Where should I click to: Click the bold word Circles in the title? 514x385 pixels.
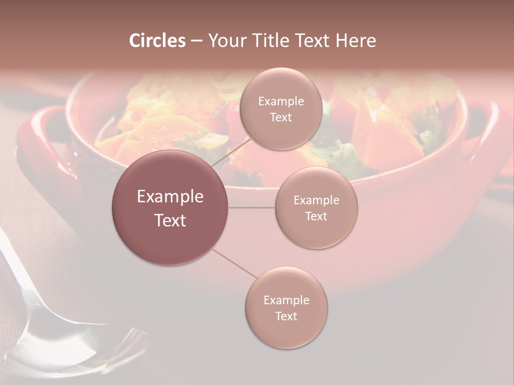tap(157, 41)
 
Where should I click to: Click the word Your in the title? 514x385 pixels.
tap(225, 41)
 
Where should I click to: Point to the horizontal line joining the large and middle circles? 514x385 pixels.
tap(252, 207)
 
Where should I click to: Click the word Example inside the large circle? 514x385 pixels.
tap(170, 197)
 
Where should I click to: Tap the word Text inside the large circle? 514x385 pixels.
tap(170, 220)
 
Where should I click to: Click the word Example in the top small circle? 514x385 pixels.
tap(281, 102)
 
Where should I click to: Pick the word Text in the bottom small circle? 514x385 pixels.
tap(286, 316)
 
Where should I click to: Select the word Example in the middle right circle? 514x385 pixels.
tap(316, 201)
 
